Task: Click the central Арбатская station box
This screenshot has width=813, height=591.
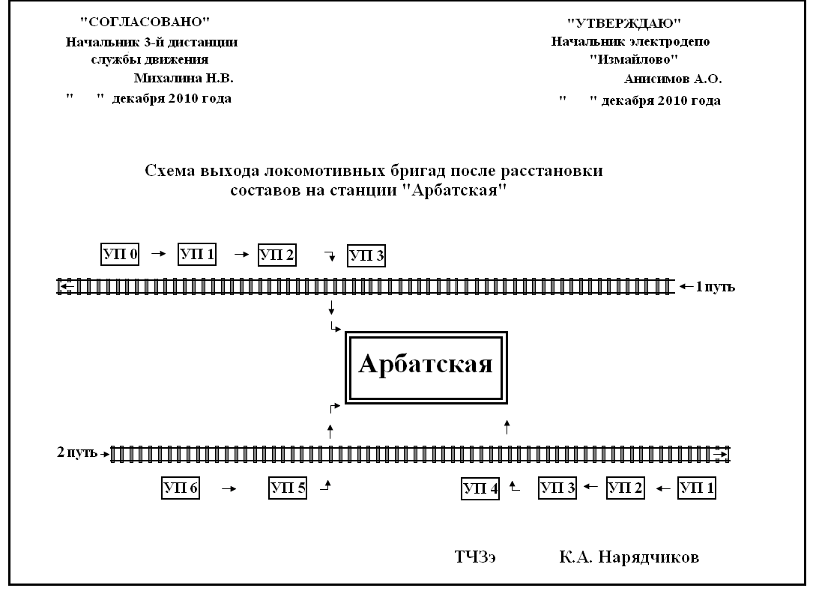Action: (425, 366)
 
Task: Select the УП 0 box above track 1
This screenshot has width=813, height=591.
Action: (120, 254)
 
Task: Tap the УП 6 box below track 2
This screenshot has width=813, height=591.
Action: (181, 488)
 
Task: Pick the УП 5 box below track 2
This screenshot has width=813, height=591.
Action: (288, 488)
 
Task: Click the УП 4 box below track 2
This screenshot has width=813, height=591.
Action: (480, 489)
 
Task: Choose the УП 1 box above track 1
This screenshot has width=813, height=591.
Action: (197, 254)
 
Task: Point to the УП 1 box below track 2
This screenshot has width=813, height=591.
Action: (697, 488)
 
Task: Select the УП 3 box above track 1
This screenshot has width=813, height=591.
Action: (366, 256)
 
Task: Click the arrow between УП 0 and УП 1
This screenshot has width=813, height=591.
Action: (157, 254)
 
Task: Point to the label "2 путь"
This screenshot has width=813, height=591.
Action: (77, 453)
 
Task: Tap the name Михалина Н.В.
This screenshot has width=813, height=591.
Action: (184, 78)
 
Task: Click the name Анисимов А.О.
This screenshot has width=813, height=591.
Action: (672, 78)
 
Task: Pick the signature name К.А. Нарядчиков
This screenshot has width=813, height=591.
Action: (629, 557)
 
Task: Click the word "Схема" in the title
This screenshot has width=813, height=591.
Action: (169, 171)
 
